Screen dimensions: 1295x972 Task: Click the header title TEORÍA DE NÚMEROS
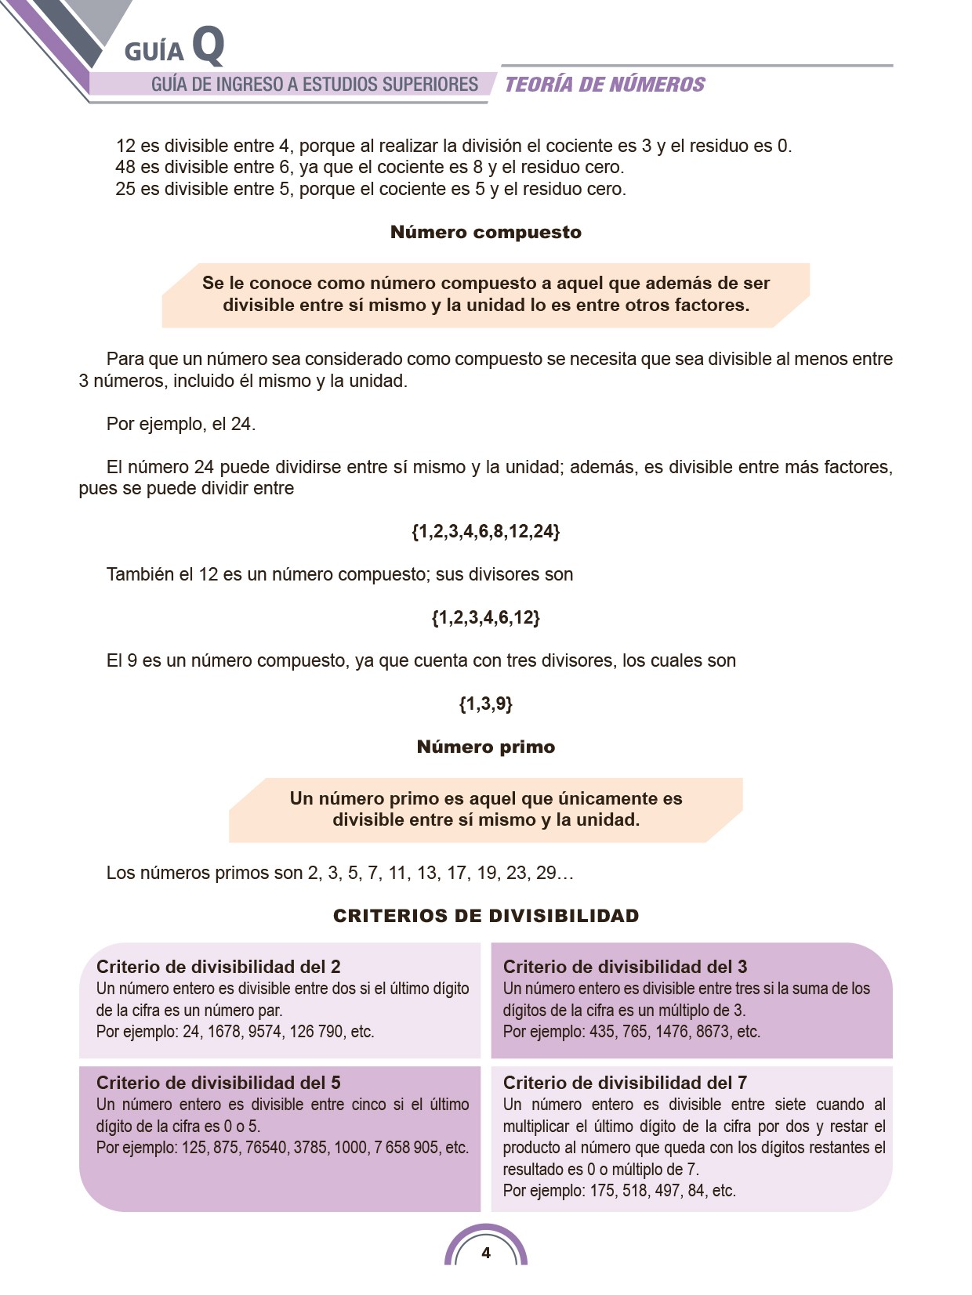(x=604, y=85)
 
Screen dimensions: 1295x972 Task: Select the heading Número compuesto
(x=485, y=232)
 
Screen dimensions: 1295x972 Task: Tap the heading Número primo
(x=485, y=747)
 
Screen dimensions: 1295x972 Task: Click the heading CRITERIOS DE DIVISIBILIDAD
(x=485, y=916)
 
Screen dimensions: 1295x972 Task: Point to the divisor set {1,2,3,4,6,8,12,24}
(x=485, y=531)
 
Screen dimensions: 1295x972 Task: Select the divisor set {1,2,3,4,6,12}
(x=485, y=617)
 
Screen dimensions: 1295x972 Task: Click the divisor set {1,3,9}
(x=485, y=704)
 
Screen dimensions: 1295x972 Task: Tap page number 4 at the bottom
(x=486, y=1253)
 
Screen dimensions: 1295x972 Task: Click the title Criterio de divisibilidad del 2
(x=218, y=967)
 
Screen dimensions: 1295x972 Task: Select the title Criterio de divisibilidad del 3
(x=625, y=967)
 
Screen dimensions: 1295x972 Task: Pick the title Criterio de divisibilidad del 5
(x=218, y=1083)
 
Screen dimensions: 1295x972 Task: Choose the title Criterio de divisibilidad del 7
(x=625, y=1083)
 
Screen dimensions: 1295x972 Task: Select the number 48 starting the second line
(x=125, y=167)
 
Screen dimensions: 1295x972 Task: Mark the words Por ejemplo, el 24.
(x=181, y=424)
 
